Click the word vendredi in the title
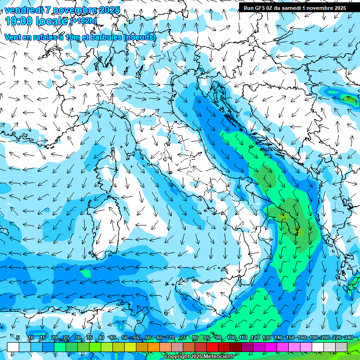[23, 10]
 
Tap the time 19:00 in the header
[22, 21]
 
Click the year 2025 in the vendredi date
[107, 10]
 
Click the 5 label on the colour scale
[17, 338]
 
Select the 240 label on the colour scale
[349, 338]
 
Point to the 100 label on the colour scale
[232, 338]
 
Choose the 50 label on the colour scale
[125, 338]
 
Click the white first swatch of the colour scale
[13, 347]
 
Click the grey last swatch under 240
[342, 347]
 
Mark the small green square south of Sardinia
[85, 273]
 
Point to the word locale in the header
[52, 21]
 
